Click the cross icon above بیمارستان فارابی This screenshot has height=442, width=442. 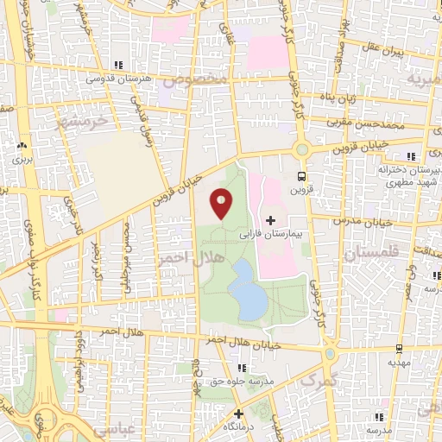[x=273, y=219]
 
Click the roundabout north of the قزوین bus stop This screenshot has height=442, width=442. [x=300, y=149]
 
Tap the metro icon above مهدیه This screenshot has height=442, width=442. [x=399, y=350]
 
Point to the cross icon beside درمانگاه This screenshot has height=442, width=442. [x=238, y=414]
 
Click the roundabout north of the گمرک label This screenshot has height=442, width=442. [x=330, y=353]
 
